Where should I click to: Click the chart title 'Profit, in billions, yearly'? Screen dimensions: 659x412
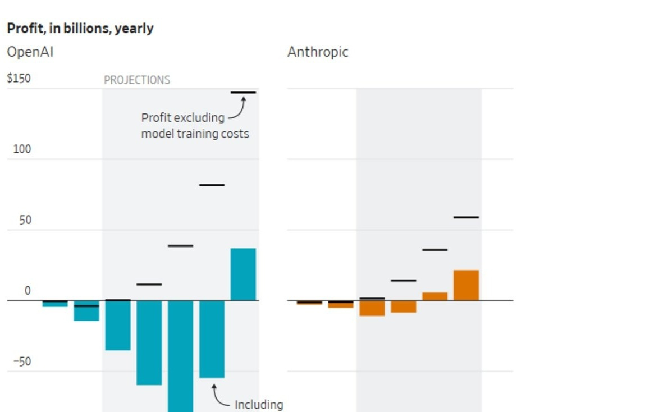(80, 29)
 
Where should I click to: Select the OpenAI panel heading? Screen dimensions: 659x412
(30, 52)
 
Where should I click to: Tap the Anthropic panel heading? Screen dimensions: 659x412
(318, 52)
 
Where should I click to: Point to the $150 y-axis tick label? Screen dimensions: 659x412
(19, 78)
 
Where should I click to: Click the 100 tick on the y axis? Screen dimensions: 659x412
(22, 149)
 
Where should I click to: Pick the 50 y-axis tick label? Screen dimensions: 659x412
(25, 220)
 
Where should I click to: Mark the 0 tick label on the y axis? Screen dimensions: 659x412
(28, 291)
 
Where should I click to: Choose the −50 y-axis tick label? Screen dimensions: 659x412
(22, 361)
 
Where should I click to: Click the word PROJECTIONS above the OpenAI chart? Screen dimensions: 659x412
(137, 80)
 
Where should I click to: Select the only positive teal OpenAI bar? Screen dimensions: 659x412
(244, 274)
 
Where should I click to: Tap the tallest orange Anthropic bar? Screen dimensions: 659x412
(466, 286)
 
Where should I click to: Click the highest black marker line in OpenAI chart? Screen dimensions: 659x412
(244, 93)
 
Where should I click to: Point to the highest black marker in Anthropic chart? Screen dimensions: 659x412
(466, 217)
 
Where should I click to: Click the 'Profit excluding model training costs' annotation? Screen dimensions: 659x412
(195, 125)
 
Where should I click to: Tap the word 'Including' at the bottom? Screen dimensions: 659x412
(259, 405)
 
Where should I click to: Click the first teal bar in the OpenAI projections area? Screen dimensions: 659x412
(118, 326)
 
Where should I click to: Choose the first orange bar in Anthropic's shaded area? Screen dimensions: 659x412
(372, 308)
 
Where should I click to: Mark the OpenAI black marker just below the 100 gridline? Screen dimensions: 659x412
(212, 185)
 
